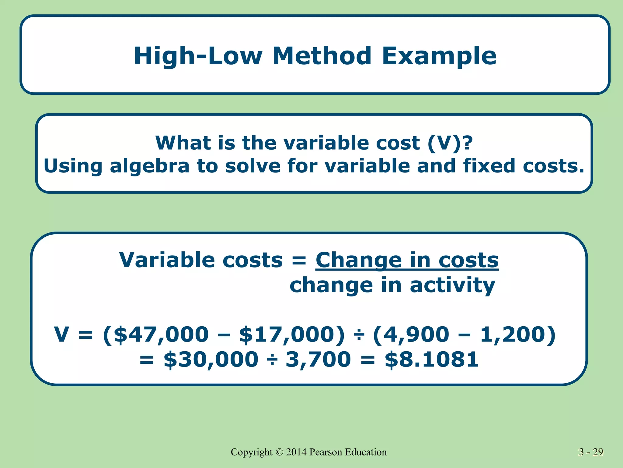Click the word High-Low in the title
coord(198,56)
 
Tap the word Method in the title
coord(322,56)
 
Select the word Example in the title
coord(439,56)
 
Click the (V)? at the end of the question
coord(450,143)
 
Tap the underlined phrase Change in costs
coord(407,261)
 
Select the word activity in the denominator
coord(452,285)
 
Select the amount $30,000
coord(211,360)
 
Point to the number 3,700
coord(318,360)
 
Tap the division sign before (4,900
coord(359,335)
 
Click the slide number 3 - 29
coord(591,452)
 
